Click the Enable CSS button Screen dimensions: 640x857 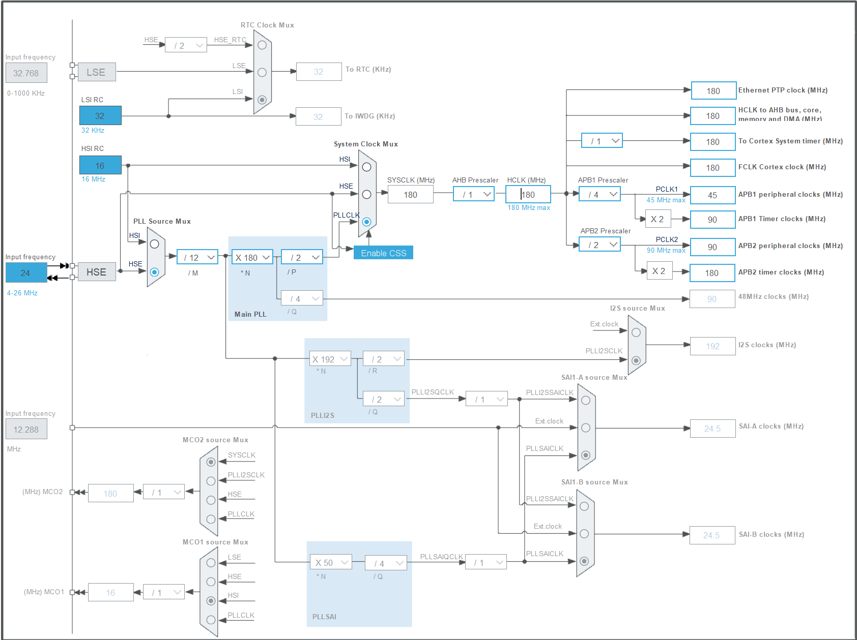383,253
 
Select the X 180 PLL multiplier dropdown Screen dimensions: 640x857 252,257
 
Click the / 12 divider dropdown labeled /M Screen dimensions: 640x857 197,257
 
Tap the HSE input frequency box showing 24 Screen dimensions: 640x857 26,273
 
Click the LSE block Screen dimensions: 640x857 97,72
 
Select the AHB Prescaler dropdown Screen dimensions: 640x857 473,194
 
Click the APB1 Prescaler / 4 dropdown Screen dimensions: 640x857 599,194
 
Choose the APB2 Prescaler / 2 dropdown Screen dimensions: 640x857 599,245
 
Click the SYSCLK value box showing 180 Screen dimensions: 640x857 410,194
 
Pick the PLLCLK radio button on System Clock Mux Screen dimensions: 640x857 366,222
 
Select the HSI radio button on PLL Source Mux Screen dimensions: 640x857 155,244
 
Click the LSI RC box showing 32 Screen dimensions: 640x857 100,116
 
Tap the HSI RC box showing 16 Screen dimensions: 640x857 100,165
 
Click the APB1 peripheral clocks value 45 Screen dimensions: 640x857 712,195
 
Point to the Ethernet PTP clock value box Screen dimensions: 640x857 713,91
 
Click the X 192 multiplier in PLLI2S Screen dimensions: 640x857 330,359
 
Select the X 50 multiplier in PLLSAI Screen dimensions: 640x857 330,563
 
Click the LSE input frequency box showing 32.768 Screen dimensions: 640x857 26,73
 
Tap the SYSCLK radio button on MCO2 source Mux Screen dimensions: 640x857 211,462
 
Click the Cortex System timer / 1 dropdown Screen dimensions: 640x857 602,141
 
